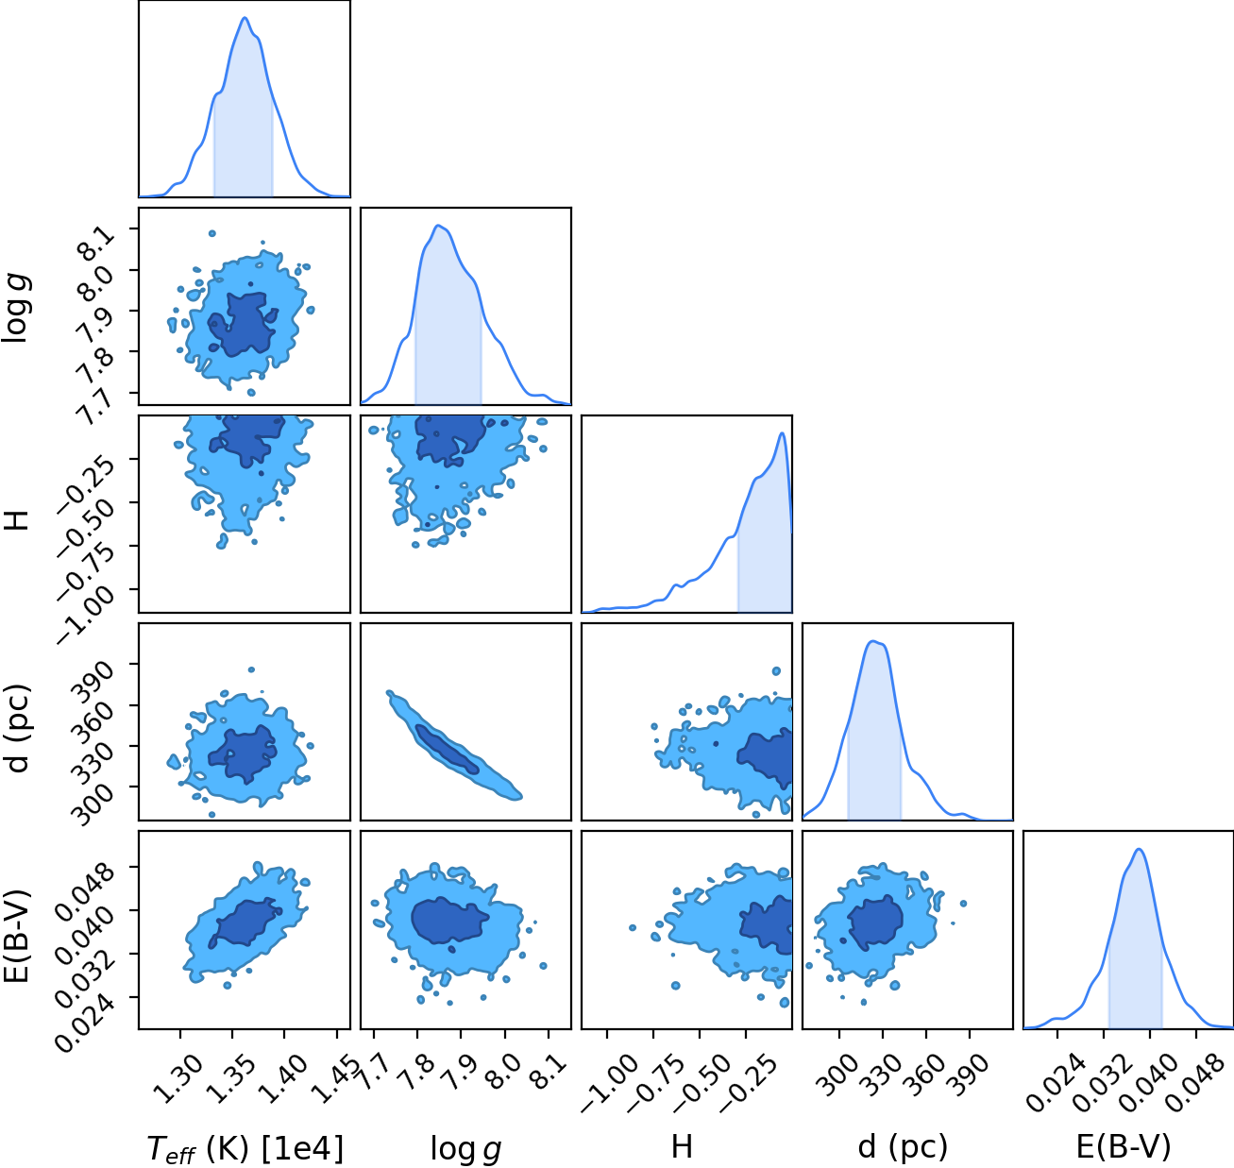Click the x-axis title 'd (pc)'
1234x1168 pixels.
(x=902, y=1146)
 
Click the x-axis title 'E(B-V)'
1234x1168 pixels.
(x=1124, y=1146)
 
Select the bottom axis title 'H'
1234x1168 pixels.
(x=682, y=1146)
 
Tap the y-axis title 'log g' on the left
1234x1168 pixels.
(x=16, y=309)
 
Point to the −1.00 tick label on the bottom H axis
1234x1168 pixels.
(x=609, y=1083)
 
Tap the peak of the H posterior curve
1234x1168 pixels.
(x=782, y=432)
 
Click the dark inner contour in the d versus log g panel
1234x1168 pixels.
(x=447, y=749)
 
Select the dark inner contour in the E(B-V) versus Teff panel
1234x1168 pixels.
(x=246, y=923)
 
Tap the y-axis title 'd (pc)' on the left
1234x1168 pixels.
(x=18, y=728)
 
